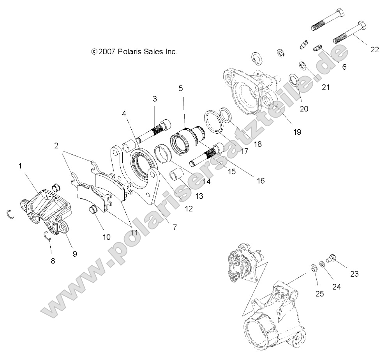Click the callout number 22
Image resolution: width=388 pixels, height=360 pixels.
click(374, 49)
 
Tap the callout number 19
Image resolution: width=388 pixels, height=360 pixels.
click(297, 132)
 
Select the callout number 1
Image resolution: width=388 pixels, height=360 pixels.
click(20, 166)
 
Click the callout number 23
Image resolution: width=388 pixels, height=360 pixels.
click(354, 274)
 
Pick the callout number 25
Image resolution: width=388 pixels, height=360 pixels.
click(319, 294)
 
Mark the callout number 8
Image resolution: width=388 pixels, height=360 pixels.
click(53, 261)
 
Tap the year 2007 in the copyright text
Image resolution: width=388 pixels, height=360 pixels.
click(106, 51)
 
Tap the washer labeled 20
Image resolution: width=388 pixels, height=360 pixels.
click(294, 80)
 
